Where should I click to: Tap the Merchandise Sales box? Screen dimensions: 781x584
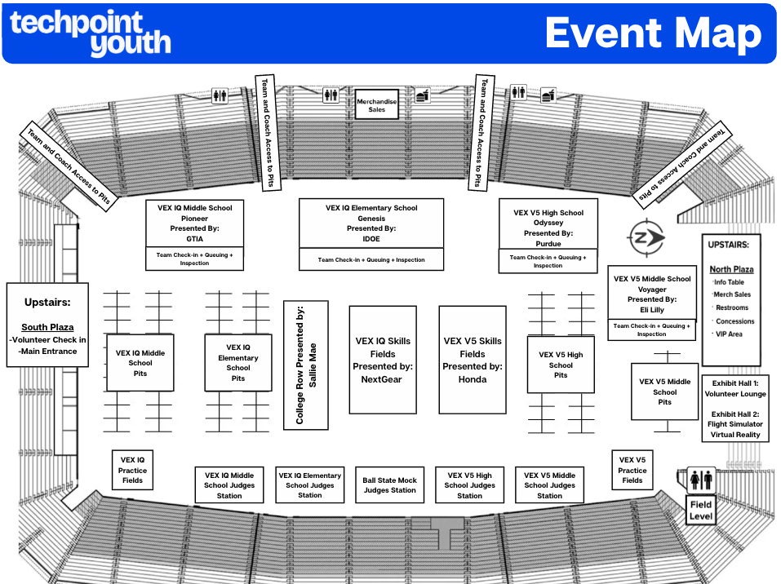pyautogui.click(x=376, y=105)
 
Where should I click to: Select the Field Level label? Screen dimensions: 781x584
pyautogui.click(x=701, y=511)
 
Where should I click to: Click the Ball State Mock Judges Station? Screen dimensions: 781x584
pyautogui.click(x=389, y=485)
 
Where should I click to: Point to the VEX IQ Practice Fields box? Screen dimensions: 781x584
pyautogui.click(x=132, y=470)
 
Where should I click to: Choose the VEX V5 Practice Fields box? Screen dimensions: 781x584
pyautogui.click(x=632, y=470)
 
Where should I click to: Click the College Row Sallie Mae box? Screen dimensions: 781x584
pyautogui.click(x=305, y=365)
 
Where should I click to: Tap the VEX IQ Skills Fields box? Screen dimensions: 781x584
pyautogui.click(x=382, y=360)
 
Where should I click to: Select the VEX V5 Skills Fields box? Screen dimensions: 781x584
pyautogui.click(x=472, y=360)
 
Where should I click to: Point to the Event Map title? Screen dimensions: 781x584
pyautogui.click(x=653, y=33)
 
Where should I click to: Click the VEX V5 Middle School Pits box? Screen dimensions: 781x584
pyautogui.click(x=664, y=392)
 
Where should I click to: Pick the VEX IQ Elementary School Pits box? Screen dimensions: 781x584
pyautogui.click(x=237, y=362)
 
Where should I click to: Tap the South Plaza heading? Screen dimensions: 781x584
pyautogui.click(x=47, y=327)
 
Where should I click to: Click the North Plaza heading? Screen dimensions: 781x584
pyautogui.click(x=731, y=269)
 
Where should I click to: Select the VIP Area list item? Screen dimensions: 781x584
pyautogui.click(x=729, y=334)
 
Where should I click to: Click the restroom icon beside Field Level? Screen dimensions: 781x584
pyautogui.click(x=701, y=480)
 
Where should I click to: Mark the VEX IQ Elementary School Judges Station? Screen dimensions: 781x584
pyautogui.click(x=309, y=485)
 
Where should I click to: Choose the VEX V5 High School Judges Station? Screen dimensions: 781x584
pyautogui.click(x=469, y=485)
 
